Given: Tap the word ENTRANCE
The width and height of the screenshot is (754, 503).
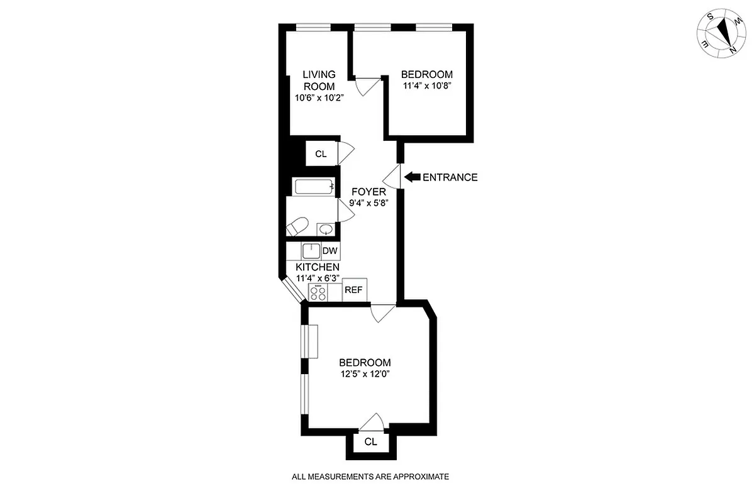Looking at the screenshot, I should (x=450, y=177).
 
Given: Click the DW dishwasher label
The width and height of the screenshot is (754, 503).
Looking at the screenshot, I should (x=330, y=251).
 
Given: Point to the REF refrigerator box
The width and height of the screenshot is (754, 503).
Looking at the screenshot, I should (x=354, y=290).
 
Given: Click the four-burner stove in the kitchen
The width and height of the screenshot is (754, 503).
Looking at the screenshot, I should (x=318, y=292).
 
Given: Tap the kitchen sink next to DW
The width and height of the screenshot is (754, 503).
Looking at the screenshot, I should (x=311, y=251).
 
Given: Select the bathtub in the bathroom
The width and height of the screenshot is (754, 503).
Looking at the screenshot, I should (x=313, y=187).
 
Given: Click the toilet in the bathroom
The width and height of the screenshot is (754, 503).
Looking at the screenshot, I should (x=296, y=226).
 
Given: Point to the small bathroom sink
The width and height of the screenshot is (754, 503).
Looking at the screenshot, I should (x=325, y=229).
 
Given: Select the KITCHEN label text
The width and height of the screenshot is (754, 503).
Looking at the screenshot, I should (x=318, y=267).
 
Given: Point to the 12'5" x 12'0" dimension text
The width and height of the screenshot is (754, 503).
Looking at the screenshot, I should (x=365, y=373).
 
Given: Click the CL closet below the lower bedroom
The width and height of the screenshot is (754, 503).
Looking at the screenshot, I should (x=371, y=442).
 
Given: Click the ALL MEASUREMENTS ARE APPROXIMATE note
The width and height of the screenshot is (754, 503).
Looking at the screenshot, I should (x=370, y=477).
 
